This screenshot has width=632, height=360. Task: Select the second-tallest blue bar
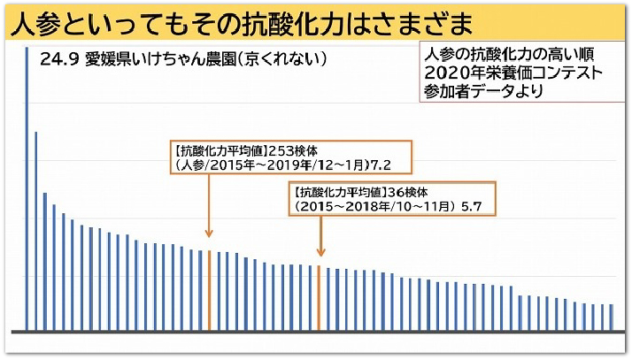pos(35,230)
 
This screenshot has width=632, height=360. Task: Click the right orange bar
pos(320,297)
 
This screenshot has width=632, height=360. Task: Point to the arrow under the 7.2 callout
pos(209,203)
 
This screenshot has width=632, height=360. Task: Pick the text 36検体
pos(407,191)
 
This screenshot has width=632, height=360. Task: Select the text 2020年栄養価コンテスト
pos(513,71)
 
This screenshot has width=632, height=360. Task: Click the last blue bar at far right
pos(611,316)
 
